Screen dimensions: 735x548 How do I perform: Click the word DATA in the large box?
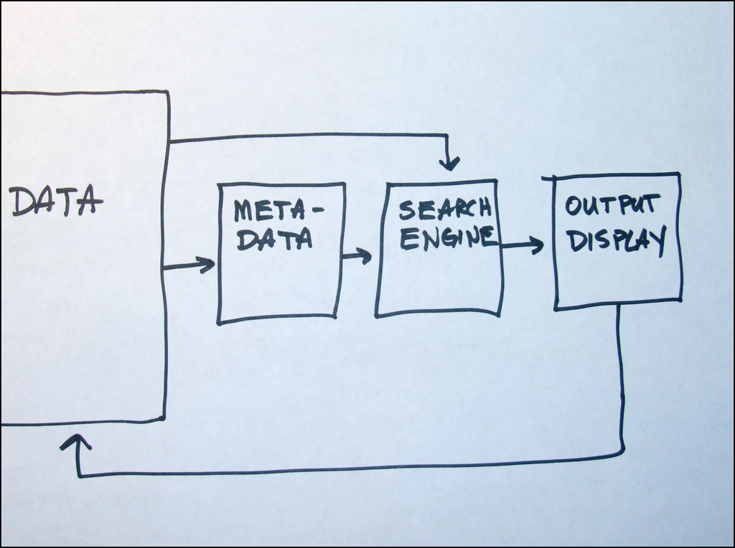tap(56, 202)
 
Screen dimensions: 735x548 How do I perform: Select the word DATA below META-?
tap(275, 239)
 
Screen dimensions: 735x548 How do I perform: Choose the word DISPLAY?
tap(617, 240)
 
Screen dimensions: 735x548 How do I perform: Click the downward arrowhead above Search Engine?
tap(450, 164)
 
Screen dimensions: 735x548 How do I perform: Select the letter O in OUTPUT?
tap(574, 207)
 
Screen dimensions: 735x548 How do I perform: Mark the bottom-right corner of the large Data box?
tap(164, 418)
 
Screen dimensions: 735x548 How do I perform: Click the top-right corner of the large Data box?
tap(168, 92)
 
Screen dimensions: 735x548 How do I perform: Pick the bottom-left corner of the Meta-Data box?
tap(219, 322)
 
